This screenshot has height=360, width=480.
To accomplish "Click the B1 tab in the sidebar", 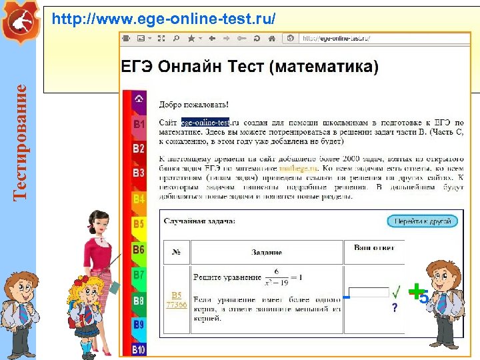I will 139,124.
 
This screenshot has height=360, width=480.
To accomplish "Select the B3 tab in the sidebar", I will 139,173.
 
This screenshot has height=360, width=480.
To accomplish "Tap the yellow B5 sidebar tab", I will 139,224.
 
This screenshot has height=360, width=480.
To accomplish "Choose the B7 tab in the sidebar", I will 139,275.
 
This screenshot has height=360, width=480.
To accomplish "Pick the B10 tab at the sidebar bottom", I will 139,349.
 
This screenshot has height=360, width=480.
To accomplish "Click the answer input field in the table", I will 370,292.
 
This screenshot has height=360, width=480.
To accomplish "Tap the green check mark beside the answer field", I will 396,292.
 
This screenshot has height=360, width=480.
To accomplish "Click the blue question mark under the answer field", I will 395,307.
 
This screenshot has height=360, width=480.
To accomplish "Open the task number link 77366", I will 176,305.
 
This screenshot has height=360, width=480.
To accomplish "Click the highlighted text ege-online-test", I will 205,123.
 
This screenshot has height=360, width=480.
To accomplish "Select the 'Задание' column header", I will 266,253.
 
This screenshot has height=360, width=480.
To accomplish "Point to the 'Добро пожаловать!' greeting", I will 193,105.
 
